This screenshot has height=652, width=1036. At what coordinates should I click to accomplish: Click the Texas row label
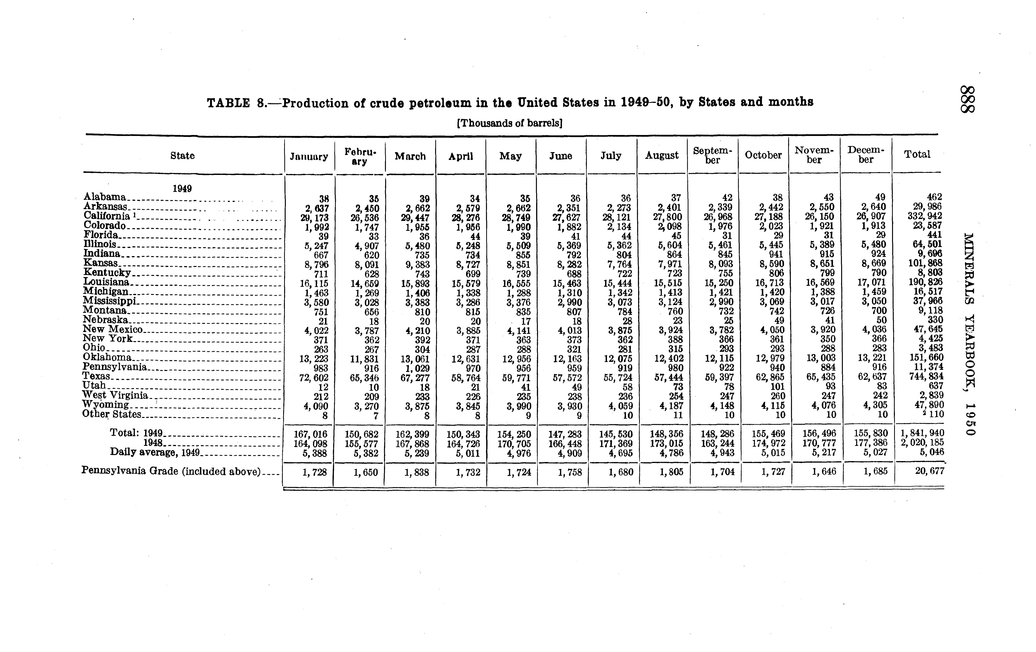tap(96, 376)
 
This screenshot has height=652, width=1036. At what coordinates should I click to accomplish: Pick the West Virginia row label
tap(115, 395)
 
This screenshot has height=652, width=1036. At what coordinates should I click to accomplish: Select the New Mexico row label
tap(112, 330)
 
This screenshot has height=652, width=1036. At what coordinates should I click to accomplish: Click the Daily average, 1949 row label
tap(155, 452)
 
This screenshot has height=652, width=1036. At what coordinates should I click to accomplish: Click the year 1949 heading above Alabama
tap(182, 189)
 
